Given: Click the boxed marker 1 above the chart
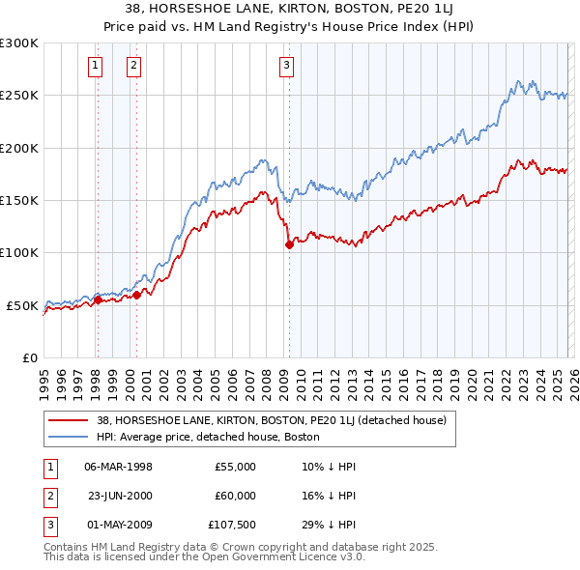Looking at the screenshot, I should click(97, 66).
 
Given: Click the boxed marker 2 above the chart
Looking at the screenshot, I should click(132, 66).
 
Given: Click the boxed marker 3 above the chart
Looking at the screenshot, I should click(287, 66).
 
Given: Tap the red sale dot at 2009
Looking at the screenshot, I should click(289, 245).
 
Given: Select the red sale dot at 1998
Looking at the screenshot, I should click(98, 299).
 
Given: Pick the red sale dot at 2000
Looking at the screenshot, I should click(137, 295).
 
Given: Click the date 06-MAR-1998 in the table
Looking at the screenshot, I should click(118, 467).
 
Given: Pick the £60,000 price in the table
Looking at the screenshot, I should click(235, 496).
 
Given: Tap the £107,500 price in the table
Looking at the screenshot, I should click(232, 525).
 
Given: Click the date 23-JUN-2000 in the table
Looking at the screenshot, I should click(118, 496).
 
